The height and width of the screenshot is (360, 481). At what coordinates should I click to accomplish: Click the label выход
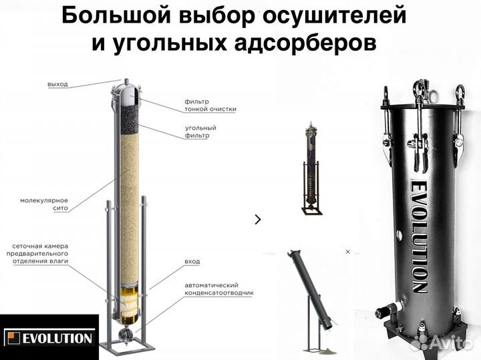(57, 84)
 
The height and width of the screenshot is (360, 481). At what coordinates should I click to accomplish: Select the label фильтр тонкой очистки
(210, 105)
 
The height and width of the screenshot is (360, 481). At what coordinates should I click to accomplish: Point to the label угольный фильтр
(200, 131)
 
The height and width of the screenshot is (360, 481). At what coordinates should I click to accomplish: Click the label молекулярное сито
(44, 204)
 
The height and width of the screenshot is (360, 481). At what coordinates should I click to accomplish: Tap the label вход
(192, 260)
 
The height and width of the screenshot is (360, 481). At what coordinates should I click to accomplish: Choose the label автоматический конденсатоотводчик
(219, 289)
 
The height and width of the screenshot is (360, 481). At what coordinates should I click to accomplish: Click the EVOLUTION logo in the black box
(49, 337)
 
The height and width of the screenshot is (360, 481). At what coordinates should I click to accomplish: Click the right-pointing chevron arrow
(259, 218)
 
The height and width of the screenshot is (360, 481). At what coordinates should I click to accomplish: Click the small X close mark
(347, 252)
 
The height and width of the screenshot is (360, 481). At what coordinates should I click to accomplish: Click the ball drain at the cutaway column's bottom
(123, 335)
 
